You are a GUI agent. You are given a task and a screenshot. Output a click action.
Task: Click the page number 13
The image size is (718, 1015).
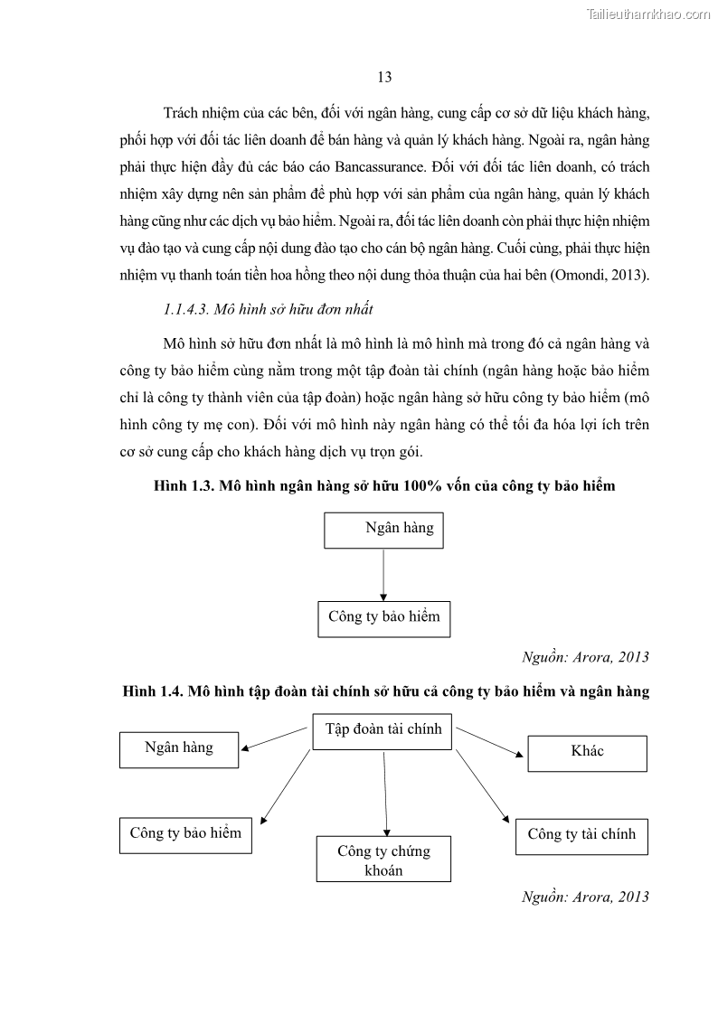coord(384,78)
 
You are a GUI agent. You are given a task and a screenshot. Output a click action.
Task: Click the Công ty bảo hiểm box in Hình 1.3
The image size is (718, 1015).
coord(383,618)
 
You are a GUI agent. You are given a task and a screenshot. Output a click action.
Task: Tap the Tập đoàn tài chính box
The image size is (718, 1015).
coord(383,730)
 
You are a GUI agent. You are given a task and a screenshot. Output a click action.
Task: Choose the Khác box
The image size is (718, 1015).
coord(587,753)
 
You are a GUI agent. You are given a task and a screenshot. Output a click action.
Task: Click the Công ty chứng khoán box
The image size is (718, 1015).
coord(383,860)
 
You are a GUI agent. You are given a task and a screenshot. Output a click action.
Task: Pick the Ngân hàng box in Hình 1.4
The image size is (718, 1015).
coord(179,749)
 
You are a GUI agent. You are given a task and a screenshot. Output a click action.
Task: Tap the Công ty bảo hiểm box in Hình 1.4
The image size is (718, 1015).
coord(185,834)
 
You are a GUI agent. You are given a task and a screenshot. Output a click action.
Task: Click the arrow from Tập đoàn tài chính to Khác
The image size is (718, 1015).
coord(489,741)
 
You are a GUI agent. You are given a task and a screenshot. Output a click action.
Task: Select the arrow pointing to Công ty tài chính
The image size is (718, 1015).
coord(484,786)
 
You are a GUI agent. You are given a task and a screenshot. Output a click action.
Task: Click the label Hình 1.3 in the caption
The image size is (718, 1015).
coord(182,486)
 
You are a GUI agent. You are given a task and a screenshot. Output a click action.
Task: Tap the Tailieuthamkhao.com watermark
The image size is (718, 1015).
coord(648,14)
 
